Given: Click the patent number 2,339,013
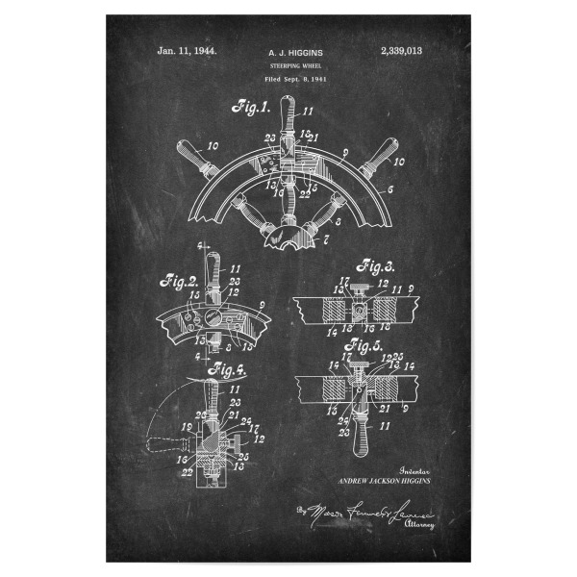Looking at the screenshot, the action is [401, 49].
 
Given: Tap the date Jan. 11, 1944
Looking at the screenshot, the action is [187, 49].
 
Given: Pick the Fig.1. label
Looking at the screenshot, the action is [250, 108].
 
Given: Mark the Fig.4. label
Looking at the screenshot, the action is [231, 367].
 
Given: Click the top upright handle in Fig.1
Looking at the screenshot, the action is [289, 117].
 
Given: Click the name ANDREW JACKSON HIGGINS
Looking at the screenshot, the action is [384, 478].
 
